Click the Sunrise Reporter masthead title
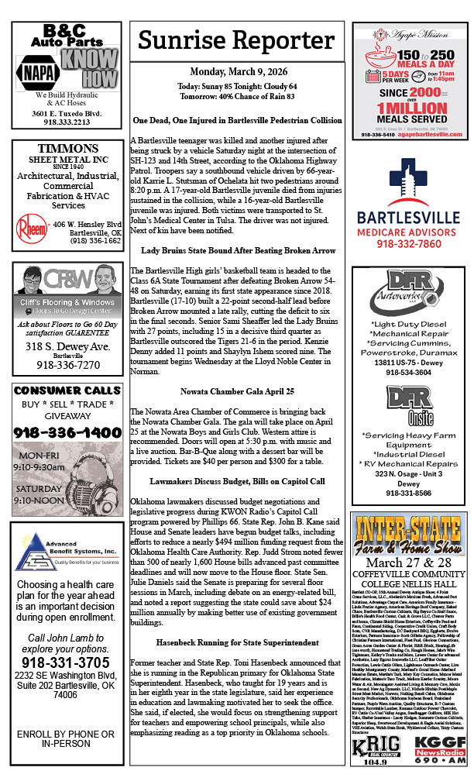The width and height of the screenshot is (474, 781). coord(238,41)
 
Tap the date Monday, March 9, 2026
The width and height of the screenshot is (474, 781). coord(237,72)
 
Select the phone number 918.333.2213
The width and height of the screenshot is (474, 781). coord(67,122)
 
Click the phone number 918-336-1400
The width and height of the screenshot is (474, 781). coord(67,432)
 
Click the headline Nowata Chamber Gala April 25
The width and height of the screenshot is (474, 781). coord(237,391)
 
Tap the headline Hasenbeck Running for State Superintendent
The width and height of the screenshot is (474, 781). coord(237,643)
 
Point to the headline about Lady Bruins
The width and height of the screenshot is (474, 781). coord(237,250)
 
